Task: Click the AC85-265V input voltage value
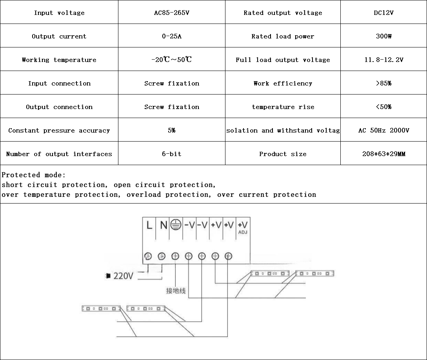[x=171, y=13]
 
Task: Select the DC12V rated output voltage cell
[x=383, y=13]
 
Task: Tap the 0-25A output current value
[x=171, y=36]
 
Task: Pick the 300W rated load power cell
[x=383, y=36]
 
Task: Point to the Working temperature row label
[x=59, y=60]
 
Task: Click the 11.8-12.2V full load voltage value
[x=383, y=60]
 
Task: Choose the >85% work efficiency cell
[x=383, y=84]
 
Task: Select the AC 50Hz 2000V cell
[x=383, y=131]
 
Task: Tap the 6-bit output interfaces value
[x=171, y=154]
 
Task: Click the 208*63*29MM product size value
[x=383, y=154]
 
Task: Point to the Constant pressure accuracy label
[x=59, y=131]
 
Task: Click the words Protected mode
[x=34, y=175]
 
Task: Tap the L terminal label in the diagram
[x=149, y=225]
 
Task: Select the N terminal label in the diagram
[x=163, y=225]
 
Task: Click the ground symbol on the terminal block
[x=176, y=225]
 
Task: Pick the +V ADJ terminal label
[x=243, y=227]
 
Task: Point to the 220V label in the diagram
[x=123, y=276]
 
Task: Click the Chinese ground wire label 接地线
[x=176, y=291]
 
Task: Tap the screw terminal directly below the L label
[x=148, y=256]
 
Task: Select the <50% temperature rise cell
[x=383, y=107]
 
